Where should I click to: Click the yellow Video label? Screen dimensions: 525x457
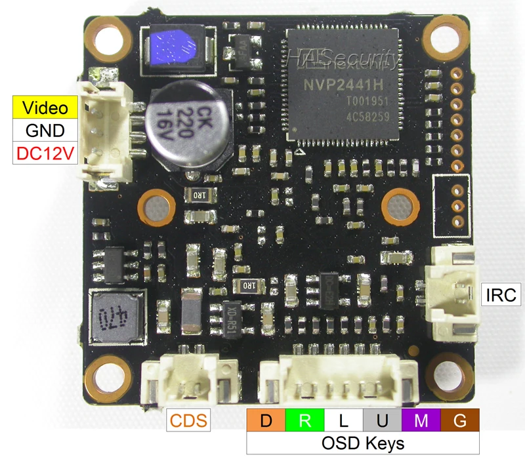pyautogui.click(x=45, y=107)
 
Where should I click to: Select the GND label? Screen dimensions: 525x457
pyautogui.click(x=45, y=130)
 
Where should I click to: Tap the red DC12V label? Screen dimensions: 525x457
pyautogui.click(x=45, y=154)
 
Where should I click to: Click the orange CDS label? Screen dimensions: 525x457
pyautogui.click(x=189, y=420)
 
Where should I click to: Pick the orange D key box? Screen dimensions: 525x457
pyautogui.click(x=266, y=420)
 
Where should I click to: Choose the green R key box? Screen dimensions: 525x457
pyautogui.click(x=305, y=420)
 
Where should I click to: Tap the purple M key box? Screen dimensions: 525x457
pyautogui.click(x=421, y=420)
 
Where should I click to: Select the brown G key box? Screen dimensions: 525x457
pyautogui.click(x=461, y=420)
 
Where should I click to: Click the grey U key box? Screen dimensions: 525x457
pyautogui.click(x=383, y=420)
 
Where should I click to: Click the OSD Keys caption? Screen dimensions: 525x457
pyautogui.click(x=363, y=443)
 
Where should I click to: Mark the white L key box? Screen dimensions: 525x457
pyautogui.click(x=344, y=420)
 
